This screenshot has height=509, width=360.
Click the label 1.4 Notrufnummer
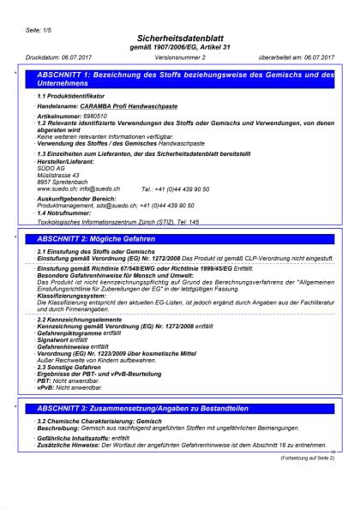click(69, 213)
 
